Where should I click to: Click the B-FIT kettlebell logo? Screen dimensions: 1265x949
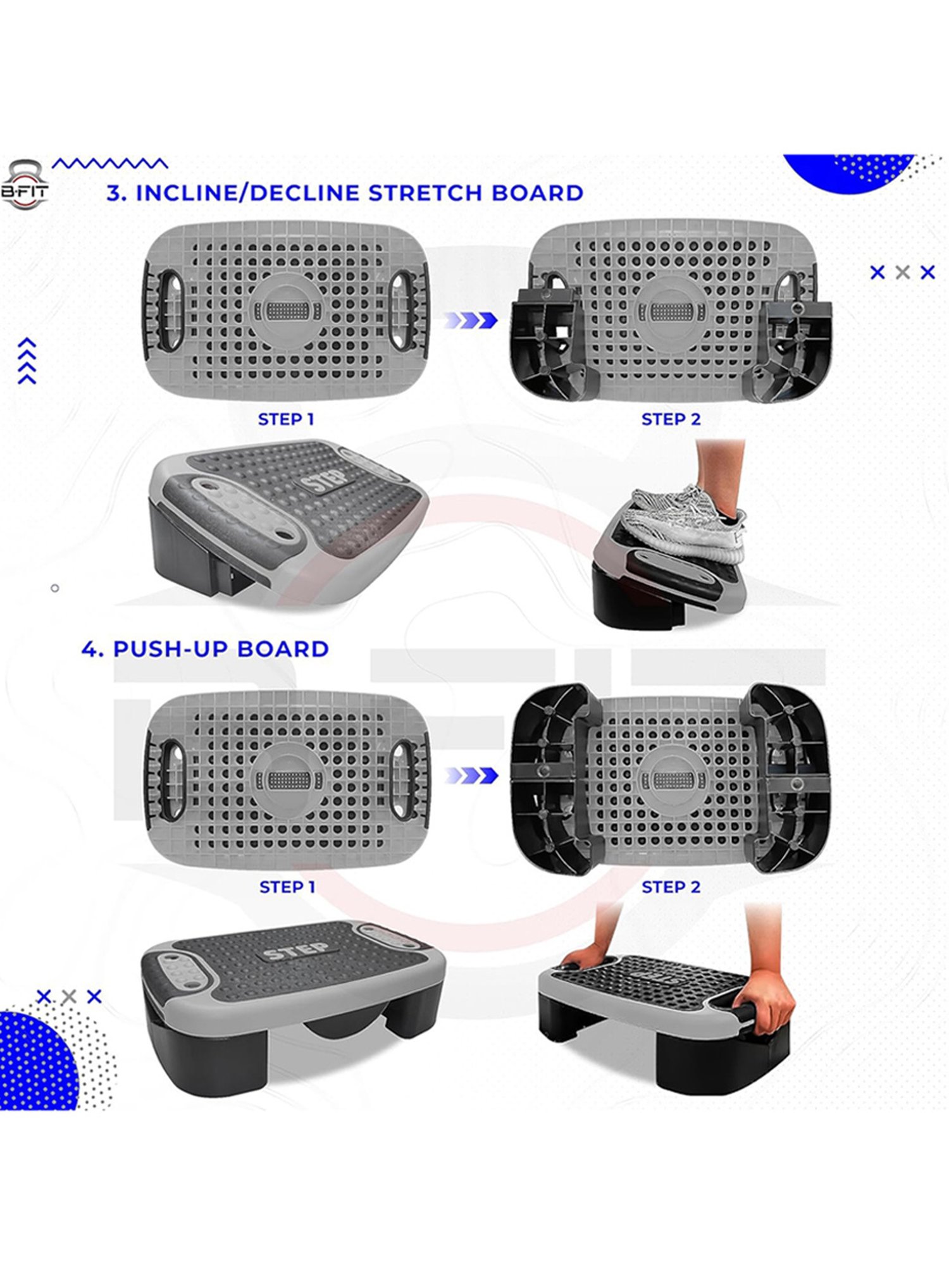pos(25,184)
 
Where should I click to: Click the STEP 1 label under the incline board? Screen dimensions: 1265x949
pos(286,419)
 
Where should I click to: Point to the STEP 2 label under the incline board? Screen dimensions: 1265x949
pos(671,419)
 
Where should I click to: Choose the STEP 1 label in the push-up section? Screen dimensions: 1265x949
pos(287,887)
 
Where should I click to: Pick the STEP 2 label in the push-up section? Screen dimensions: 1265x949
pos(671,887)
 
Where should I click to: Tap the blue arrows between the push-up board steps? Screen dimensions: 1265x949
pos(471,775)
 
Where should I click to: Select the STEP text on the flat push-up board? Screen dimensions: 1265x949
pos(296,951)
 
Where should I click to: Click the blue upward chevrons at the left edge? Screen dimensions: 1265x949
pos(27,361)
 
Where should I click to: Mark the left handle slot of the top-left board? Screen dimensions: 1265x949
pos(170,310)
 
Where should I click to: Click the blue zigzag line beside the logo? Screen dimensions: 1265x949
pos(110,164)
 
